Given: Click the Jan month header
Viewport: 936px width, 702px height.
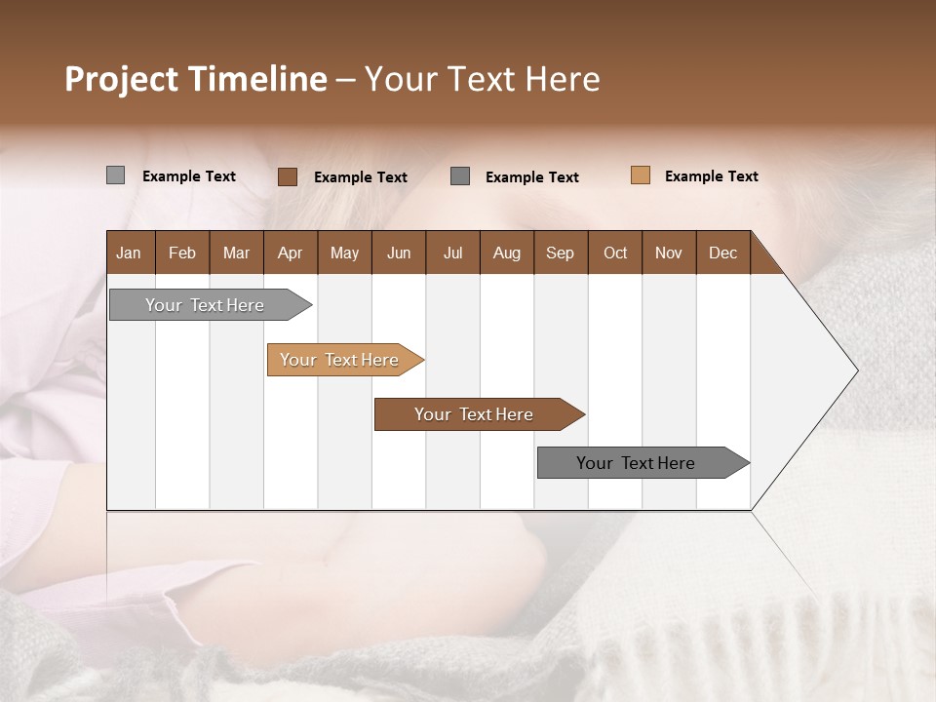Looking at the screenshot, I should [x=129, y=253].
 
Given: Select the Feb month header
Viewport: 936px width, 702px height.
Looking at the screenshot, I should [x=182, y=253].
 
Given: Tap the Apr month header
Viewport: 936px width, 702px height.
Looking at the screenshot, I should [x=290, y=253].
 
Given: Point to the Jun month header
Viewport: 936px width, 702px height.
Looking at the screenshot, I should [x=399, y=253].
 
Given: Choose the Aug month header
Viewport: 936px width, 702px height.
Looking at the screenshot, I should [x=506, y=253].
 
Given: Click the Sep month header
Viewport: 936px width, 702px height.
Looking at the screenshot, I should [x=560, y=253].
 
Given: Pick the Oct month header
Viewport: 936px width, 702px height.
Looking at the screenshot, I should [x=615, y=253].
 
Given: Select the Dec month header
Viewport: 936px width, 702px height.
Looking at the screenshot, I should [x=722, y=253].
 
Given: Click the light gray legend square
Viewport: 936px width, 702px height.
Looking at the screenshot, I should [x=115, y=175].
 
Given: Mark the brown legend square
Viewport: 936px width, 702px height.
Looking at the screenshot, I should [x=288, y=176].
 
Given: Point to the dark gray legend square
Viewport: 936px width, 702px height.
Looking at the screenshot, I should [x=460, y=175].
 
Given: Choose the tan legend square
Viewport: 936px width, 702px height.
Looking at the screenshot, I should [x=641, y=175].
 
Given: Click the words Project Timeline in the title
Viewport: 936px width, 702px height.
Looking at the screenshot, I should [x=195, y=79].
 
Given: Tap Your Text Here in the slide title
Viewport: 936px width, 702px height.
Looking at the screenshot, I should [x=482, y=79].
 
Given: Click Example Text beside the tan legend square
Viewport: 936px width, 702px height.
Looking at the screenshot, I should [x=711, y=176].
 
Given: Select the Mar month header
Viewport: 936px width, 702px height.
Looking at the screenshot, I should [x=236, y=253].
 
